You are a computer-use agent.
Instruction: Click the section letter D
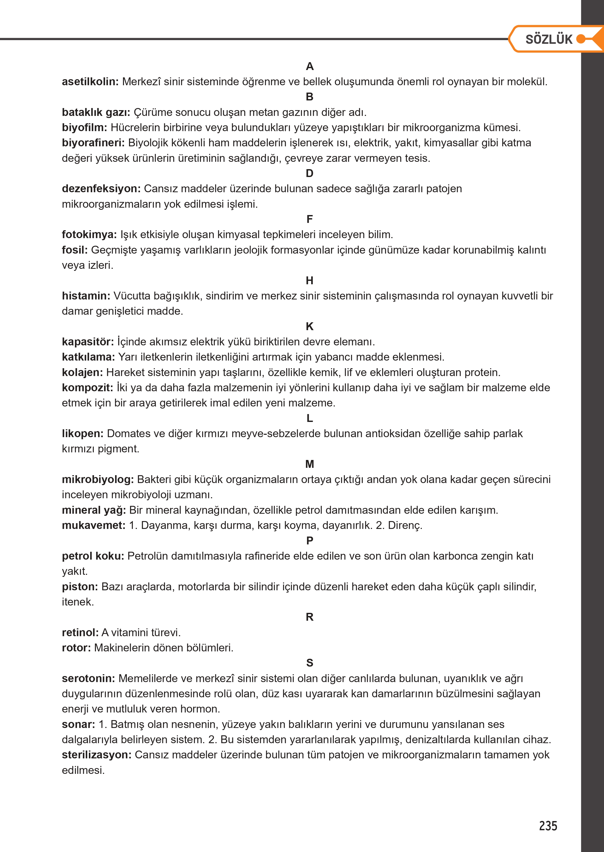pos(309,173)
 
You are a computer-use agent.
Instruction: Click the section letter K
pos(309,326)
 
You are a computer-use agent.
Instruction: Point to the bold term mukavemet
pos(93,525)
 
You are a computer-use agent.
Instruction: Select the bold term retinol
pos(80,633)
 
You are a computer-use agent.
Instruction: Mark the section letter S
pos(309,663)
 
